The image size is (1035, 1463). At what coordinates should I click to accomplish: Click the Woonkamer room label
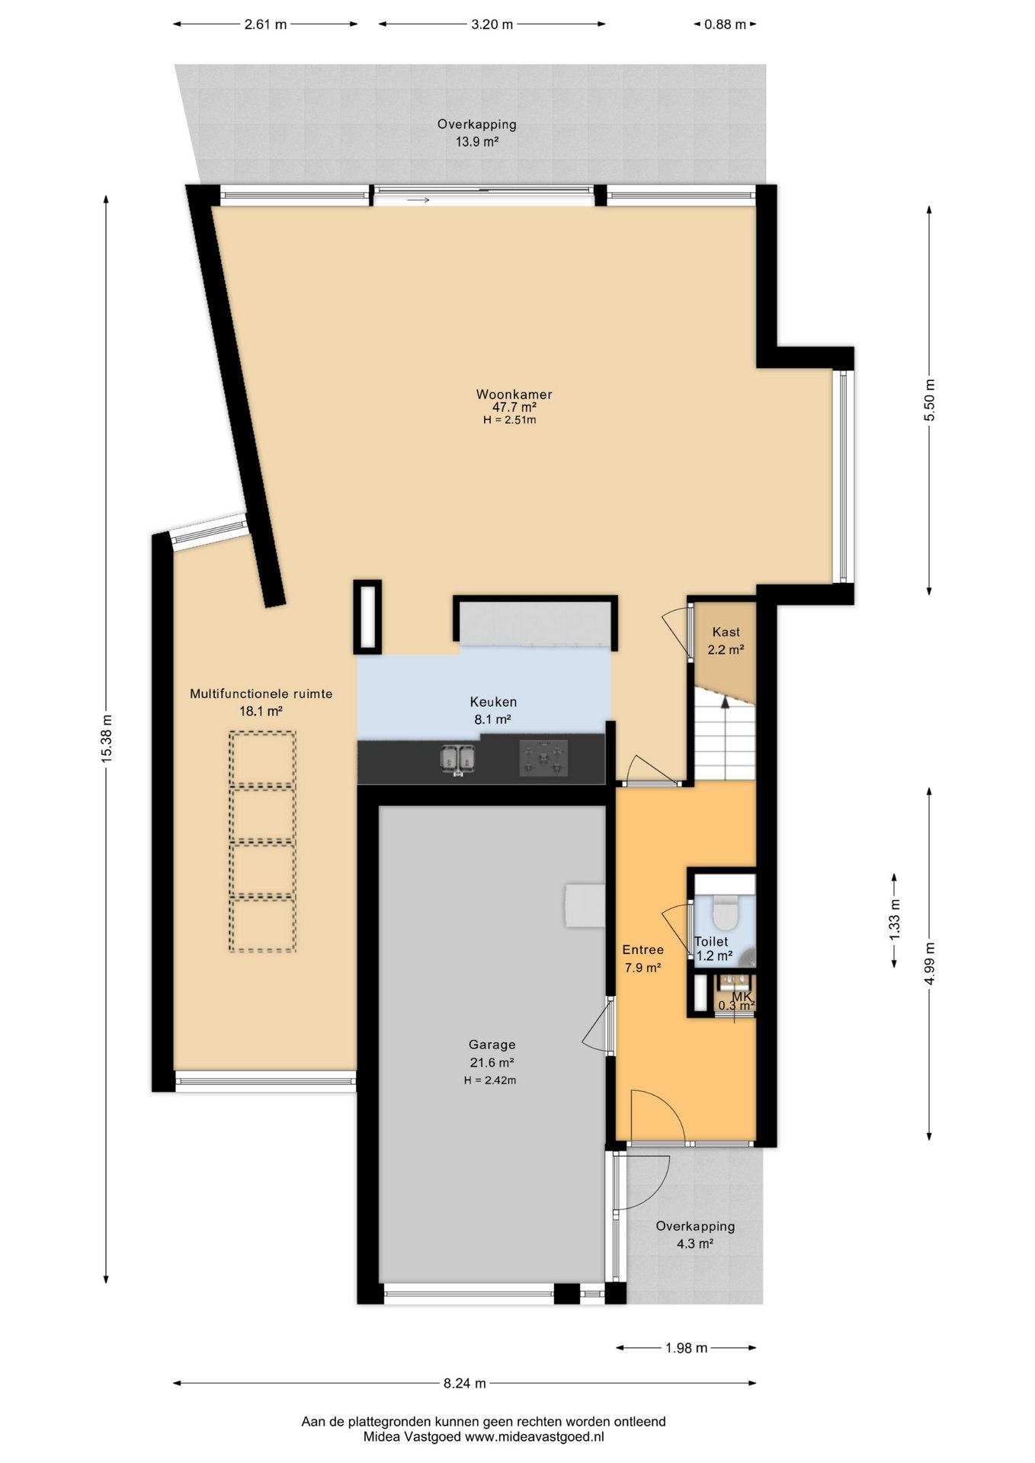pos(514,395)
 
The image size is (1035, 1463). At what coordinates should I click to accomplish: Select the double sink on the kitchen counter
pos(458,758)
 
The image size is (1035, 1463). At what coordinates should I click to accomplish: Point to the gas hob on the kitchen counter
pos(543,758)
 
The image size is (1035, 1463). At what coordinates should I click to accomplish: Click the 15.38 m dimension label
pos(107,738)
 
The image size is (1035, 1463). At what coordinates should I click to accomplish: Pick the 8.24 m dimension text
pos(464,1383)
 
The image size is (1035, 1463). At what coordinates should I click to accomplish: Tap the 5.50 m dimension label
pos(928,399)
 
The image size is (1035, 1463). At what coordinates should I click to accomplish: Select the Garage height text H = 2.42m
pos(490,1080)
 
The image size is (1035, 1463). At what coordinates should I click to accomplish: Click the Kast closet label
pos(726,632)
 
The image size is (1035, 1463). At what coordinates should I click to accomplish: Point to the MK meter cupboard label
pos(742,997)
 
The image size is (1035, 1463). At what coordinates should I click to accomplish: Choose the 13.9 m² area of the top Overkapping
pos(477,141)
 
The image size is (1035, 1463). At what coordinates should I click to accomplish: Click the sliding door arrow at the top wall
pos(418,200)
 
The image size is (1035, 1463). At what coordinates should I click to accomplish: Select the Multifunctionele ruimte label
pos(261,693)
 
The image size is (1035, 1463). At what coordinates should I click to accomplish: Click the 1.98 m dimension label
pos(686,1348)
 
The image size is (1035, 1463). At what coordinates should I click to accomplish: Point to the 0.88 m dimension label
pos(725,24)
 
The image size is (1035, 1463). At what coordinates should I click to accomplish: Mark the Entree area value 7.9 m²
pos(642,968)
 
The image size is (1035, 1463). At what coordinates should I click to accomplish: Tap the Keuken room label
pos(493,702)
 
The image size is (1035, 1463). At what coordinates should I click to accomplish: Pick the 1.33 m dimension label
pos(895,919)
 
